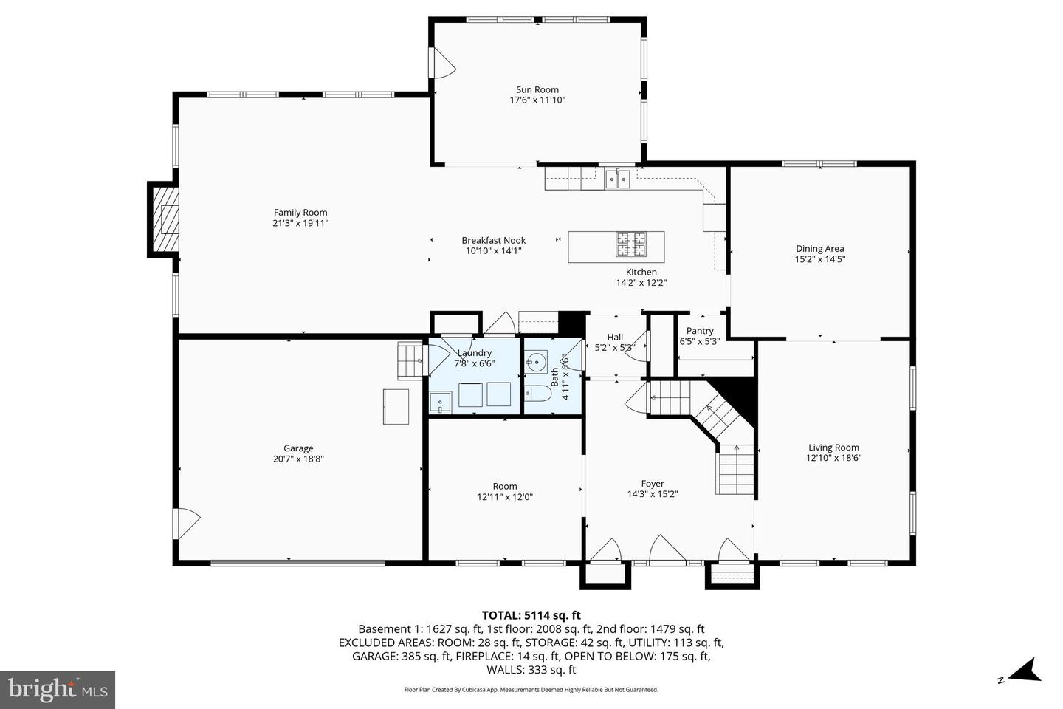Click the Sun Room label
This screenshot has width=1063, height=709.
[x=537, y=89]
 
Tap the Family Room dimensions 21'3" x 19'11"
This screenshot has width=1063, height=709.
[x=300, y=223]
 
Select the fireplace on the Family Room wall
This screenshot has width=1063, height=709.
[x=164, y=219]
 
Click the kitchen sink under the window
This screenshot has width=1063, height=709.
[x=617, y=178]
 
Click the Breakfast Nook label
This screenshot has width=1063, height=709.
[x=493, y=240]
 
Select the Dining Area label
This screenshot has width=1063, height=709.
[x=819, y=249]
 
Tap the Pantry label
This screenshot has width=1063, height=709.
[x=699, y=331]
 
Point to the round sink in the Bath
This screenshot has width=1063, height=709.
[x=537, y=362]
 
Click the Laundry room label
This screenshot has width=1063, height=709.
[x=474, y=353]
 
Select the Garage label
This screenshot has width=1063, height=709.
[x=298, y=448]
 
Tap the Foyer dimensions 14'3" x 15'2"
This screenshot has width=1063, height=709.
[x=653, y=494]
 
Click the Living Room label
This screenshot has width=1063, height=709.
[x=833, y=447]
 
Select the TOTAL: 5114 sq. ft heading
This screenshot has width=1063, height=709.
[x=531, y=614]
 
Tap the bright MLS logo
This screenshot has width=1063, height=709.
[x=57, y=690]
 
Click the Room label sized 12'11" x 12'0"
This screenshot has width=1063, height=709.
[x=505, y=486]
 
